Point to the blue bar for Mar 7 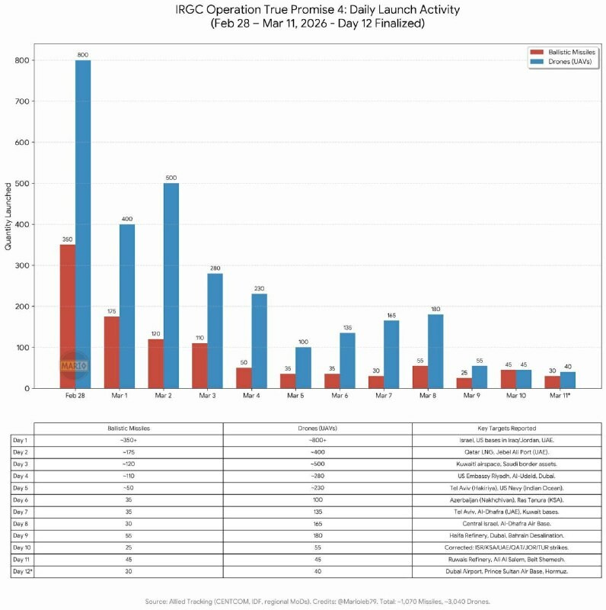tap(391, 355)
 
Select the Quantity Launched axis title tap(9, 217)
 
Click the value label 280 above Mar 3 tap(215, 267)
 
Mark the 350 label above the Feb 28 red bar tap(68, 239)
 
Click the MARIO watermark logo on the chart tap(74, 366)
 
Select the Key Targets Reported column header tap(507, 429)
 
